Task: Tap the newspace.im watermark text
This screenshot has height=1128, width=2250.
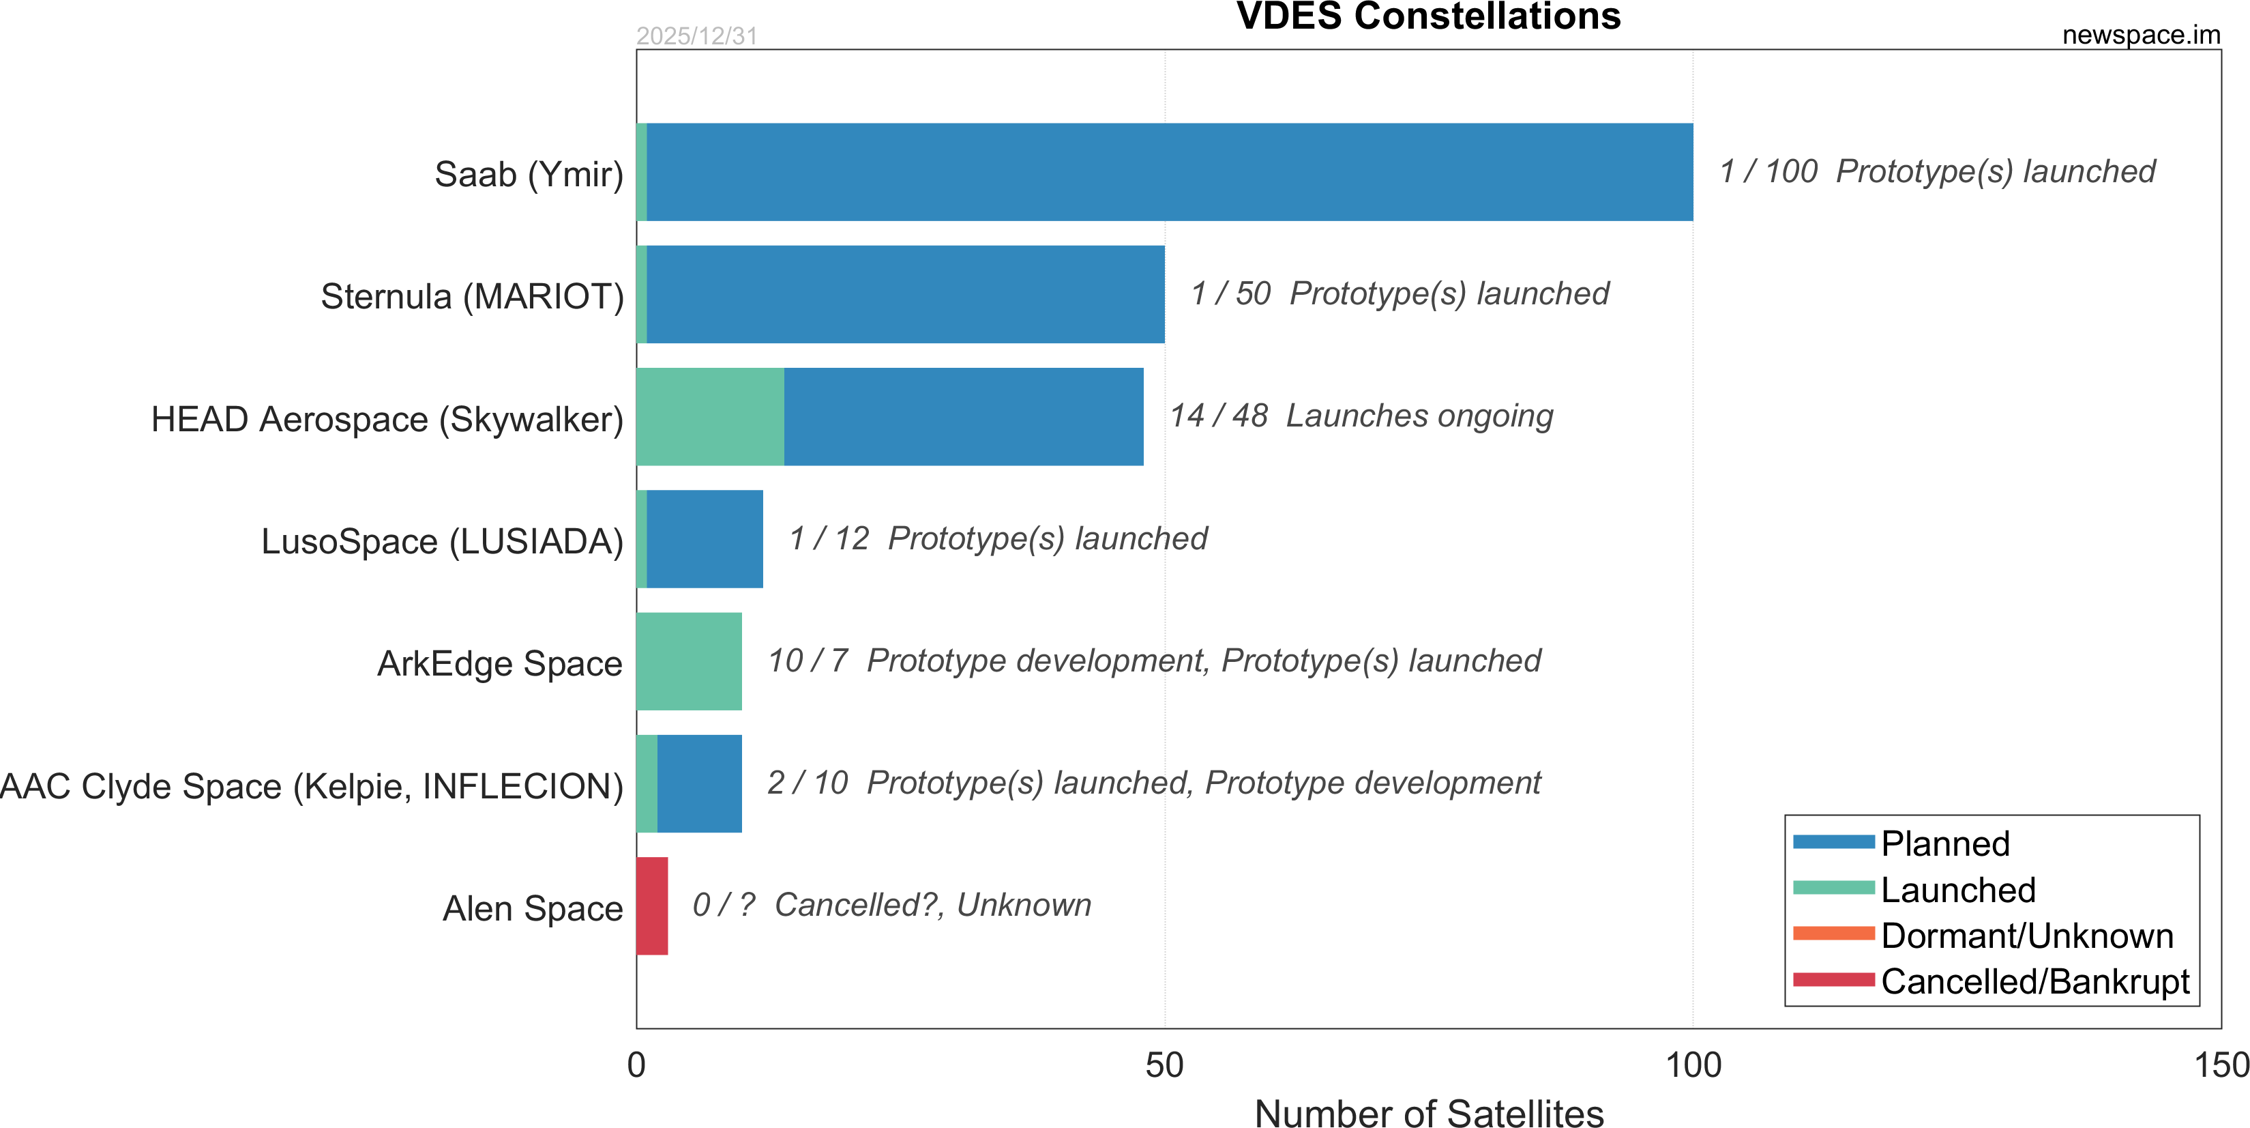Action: click(2140, 35)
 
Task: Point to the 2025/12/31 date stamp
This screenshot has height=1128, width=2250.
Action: click(696, 35)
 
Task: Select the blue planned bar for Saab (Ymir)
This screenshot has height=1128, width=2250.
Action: click(1169, 172)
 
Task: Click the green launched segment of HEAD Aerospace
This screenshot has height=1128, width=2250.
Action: click(709, 417)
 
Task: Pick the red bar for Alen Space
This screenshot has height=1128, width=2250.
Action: click(651, 906)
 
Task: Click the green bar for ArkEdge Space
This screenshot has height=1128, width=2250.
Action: click(688, 661)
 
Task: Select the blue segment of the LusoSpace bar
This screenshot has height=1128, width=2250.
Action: click(704, 539)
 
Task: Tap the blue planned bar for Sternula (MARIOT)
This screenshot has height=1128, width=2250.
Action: click(905, 294)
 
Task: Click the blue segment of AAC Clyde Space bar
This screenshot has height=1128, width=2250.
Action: click(699, 784)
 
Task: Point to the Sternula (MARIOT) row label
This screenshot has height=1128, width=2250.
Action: click(472, 296)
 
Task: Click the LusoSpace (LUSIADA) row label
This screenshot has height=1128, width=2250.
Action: click(442, 542)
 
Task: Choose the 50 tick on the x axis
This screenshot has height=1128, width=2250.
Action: click(1164, 1065)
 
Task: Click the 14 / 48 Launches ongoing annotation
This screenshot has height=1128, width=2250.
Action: click(1361, 416)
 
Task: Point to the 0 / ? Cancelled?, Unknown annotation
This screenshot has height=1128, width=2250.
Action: click(891, 905)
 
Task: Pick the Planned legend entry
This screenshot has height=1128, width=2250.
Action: click(1944, 843)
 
